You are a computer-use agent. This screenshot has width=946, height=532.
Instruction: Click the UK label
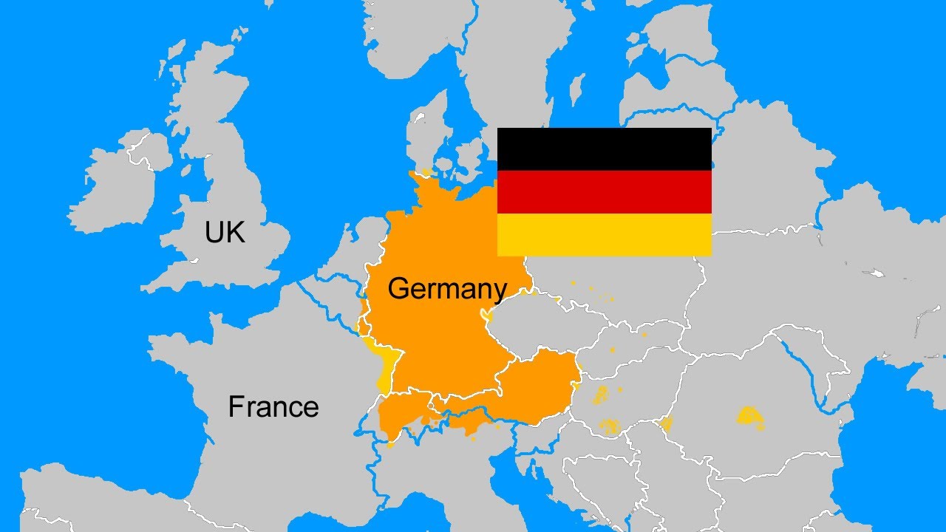point(225,233)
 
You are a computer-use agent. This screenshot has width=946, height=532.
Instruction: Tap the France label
point(273,407)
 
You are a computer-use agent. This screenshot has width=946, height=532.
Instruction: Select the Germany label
point(447,288)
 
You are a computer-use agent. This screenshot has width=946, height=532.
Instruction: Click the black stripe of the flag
point(604,149)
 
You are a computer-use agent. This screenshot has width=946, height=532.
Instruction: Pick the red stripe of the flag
point(604,192)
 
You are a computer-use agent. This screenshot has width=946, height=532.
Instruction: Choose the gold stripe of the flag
point(604,235)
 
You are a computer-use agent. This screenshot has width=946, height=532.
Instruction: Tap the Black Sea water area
point(887,429)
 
